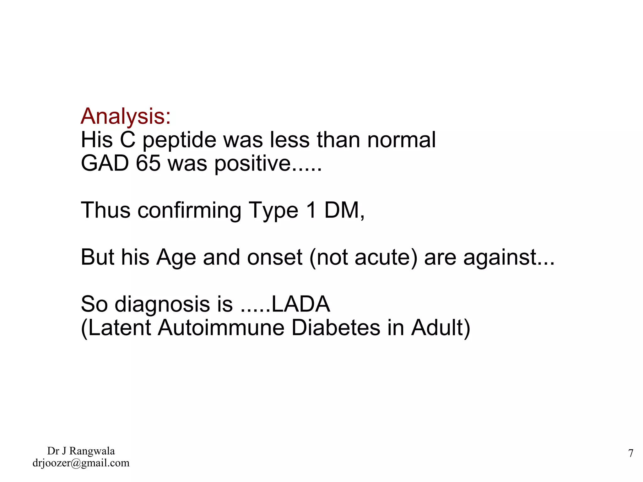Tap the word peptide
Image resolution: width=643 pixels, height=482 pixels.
tap(179, 140)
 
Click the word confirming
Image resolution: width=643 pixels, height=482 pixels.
tap(189, 210)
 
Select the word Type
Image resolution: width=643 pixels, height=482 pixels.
tap(273, 210)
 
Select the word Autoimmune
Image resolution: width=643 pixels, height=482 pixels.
tap(221, 328)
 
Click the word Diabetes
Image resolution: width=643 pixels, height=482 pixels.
tap(336, 328)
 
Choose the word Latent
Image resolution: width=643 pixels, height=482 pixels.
tap(117, 328)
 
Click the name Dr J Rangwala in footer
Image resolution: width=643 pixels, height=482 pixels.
tap(81, 451)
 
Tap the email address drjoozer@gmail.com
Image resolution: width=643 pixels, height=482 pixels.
tap(81, 463)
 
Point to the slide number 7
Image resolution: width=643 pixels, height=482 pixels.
tap(630, 453)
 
